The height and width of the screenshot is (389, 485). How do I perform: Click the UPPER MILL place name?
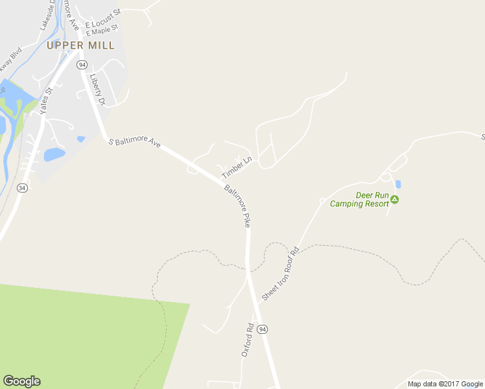80,45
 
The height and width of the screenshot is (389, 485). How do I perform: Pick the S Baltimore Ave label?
134,142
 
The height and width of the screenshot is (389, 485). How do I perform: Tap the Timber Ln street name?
236,167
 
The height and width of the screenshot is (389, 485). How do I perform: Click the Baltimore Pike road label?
238,206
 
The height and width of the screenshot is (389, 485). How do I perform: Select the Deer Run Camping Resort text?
359,199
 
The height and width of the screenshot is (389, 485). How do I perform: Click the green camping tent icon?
395,199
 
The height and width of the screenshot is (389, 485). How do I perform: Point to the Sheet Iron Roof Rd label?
280,272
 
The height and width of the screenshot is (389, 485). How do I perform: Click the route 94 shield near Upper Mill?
82,65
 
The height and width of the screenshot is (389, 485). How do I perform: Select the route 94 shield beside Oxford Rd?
262,329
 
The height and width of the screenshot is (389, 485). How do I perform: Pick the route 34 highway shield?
22,188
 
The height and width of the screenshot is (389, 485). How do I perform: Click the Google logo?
21,381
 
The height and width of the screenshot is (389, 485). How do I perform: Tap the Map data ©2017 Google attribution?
445,384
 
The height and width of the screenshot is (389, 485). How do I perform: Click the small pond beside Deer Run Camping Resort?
397,184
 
